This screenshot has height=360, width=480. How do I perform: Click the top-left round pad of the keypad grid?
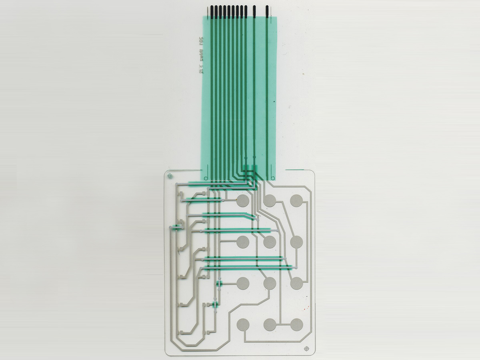[x=243, y=201]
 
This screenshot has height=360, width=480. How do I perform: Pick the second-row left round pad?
[x=243, y=242]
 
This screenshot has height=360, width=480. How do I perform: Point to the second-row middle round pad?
[x=270, y=242]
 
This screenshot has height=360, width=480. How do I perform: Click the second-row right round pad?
[x=296, y=242]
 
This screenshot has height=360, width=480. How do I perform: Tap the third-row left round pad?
[x=243, y=283]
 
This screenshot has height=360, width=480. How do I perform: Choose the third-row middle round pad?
[x=270, y=283]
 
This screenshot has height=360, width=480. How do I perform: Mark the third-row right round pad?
[x=296, y=283]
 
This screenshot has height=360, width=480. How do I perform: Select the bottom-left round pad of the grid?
[x=243, y=324]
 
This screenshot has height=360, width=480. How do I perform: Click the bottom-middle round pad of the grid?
[x=270, y=324]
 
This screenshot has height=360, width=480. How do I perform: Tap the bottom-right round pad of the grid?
[x=296, y=324]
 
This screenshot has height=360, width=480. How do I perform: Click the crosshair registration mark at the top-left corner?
[x=171, y=176]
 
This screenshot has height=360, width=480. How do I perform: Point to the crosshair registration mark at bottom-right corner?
[x=307, y=349]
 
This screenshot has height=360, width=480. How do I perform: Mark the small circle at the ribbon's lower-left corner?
[x=205, y=178]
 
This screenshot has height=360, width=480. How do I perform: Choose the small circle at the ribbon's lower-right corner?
[x=273, y=178]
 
